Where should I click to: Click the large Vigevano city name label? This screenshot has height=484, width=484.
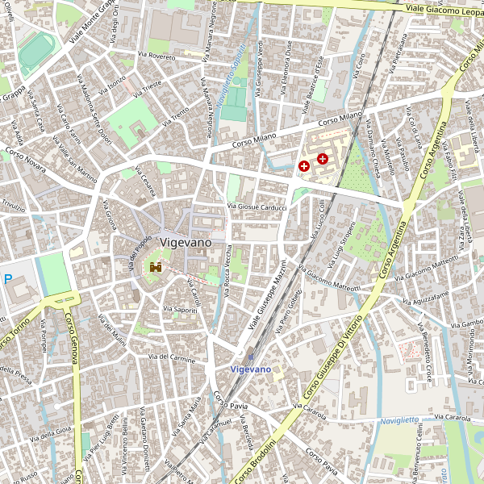(186, 242)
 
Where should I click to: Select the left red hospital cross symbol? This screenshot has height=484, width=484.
(304, 166)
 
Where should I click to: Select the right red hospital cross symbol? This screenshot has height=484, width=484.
(323, 159)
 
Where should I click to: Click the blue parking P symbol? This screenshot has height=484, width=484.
(8, 279)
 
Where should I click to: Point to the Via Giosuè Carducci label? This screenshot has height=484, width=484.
(258, 207)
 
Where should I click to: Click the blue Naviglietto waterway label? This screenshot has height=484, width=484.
(400, 420)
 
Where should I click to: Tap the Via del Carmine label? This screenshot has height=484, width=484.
(172, 357)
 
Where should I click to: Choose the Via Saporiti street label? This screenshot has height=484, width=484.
(179, 309)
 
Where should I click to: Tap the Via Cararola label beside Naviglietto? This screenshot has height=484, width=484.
(452, 418)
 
